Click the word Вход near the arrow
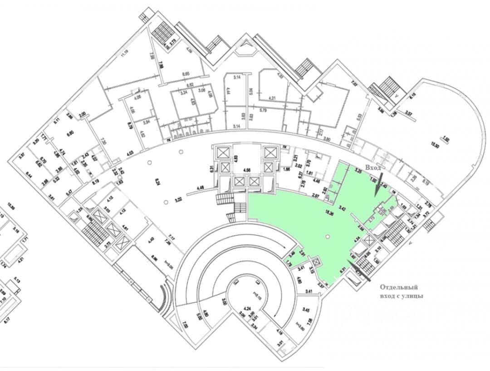pos(375,168)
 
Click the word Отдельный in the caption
pos(398,287)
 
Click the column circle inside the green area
pos(328,236)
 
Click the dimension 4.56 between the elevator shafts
pos(248,170)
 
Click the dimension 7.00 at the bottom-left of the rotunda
pos(185,325)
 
